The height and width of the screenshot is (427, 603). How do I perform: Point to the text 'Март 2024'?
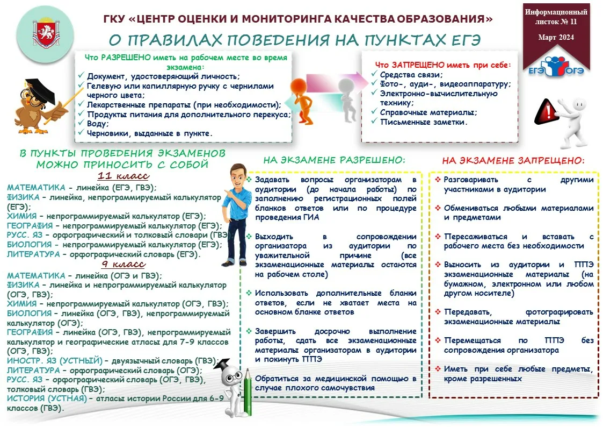[x=556, y=37]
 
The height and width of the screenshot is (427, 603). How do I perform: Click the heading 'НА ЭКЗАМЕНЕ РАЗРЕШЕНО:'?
[x=334, y=160]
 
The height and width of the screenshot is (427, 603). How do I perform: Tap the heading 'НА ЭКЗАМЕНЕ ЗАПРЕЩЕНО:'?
[x=513, y=160]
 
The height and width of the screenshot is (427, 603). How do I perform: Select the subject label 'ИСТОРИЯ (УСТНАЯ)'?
[x=47, y=398]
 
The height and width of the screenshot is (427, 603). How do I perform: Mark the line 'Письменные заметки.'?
[x=424, y=122]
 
